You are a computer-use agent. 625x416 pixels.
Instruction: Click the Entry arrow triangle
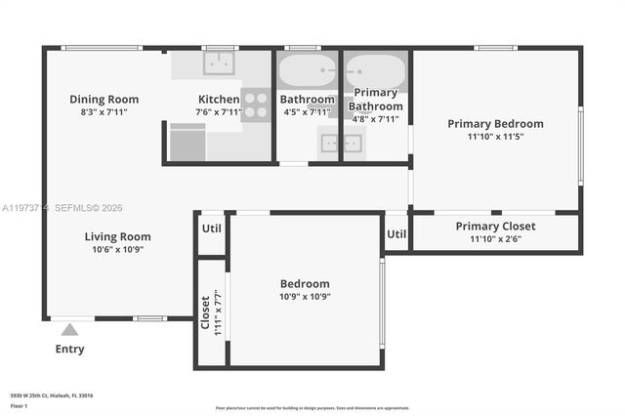click(x=69, y=330)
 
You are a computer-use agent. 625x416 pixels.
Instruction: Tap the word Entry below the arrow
click(x=69, y=349)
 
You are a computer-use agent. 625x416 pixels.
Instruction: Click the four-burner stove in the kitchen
click(x=256, y=104)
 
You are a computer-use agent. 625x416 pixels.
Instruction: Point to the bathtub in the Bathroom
click(x=307, y=71)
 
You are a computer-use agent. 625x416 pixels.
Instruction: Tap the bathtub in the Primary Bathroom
click(x=375, y=70)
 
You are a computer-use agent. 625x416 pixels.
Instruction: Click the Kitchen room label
click(x=219, y=99)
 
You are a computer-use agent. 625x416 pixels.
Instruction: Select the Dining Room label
click(x=104, y=99)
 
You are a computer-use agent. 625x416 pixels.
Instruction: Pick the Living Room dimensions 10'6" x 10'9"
click(x=117, y=250)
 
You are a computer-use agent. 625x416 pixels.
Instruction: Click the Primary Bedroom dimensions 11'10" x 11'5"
click(x=495, y=137)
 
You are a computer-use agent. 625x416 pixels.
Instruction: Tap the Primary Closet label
click(x=495, y=226)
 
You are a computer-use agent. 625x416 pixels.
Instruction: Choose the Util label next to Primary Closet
click(x=396, y=233)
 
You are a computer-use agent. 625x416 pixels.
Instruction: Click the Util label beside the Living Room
click(x=212, y=228)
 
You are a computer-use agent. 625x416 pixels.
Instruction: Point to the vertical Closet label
click(x=205, y=312)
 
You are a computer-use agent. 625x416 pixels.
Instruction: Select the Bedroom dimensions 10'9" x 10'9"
click(x=304, y=297)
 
